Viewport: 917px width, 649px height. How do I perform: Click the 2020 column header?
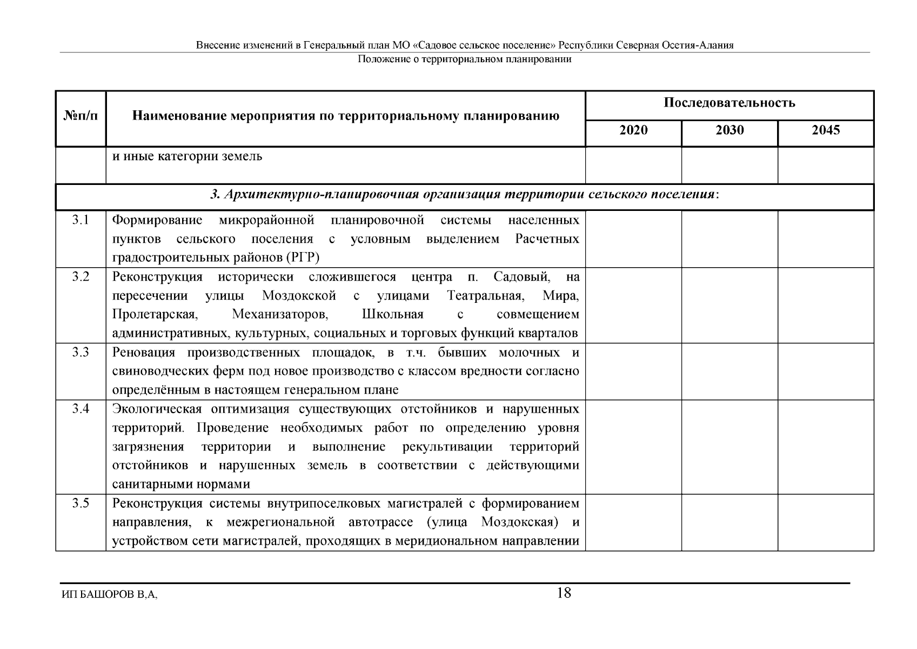click(633, 130)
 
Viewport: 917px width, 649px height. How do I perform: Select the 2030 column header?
click(729, 130)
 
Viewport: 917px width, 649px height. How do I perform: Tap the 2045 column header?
click(826, 130)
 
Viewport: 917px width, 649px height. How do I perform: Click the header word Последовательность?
click(729, 103)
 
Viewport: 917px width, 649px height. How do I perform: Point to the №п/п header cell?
click(81, 116)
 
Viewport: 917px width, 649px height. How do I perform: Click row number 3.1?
click(81, 220)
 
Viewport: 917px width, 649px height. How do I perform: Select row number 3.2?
click(81, 277)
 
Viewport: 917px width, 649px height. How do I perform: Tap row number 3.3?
click(81, 353)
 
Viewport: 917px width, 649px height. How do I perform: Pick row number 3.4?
click(81, 409)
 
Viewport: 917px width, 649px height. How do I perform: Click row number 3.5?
click(81, 504)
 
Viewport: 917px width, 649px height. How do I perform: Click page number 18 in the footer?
click(564, 593)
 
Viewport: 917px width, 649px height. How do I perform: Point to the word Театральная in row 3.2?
click(485, 296)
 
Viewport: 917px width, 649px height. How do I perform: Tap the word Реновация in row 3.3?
click(144, 353)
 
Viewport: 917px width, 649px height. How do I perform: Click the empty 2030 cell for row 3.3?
click(729, 372)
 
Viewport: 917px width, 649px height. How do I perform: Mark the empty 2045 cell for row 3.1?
click(826, 239)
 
